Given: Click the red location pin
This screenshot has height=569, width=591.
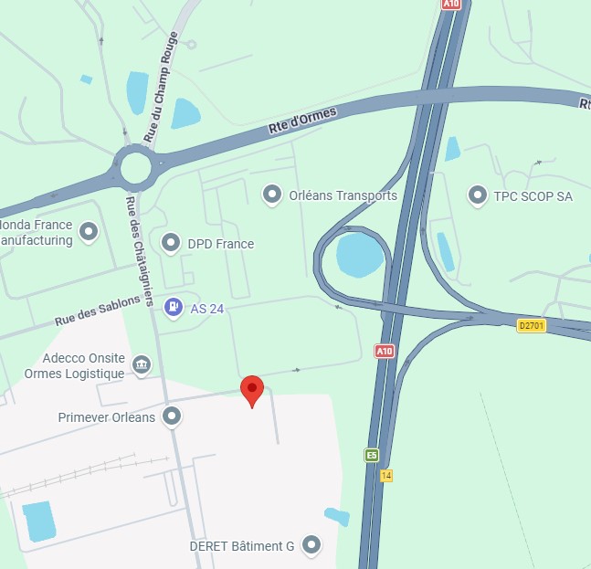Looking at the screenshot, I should (x=252, y=390).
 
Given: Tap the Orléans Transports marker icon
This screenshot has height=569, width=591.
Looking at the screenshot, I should (x=271, y=195).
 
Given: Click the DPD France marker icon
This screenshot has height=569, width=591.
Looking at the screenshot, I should (x=170, y=243).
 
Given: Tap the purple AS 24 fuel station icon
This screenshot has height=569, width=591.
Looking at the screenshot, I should (x=172, y=308).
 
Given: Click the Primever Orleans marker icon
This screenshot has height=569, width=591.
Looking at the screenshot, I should (x=171, y=417).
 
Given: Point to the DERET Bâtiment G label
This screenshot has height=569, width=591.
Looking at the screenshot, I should (x=241, y=546).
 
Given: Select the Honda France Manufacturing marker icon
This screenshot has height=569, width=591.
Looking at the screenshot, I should (x=89, y=232).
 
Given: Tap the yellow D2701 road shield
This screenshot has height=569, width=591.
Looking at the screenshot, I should (x=530, y=325).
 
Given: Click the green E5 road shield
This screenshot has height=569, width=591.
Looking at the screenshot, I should (x=372, y=455).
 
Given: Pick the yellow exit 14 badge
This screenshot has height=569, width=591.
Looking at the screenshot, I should (x=386, y=476).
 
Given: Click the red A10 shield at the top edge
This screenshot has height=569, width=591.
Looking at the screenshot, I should (x=450, y=5).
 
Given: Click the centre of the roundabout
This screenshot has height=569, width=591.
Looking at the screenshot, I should (x=135, y=167).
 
